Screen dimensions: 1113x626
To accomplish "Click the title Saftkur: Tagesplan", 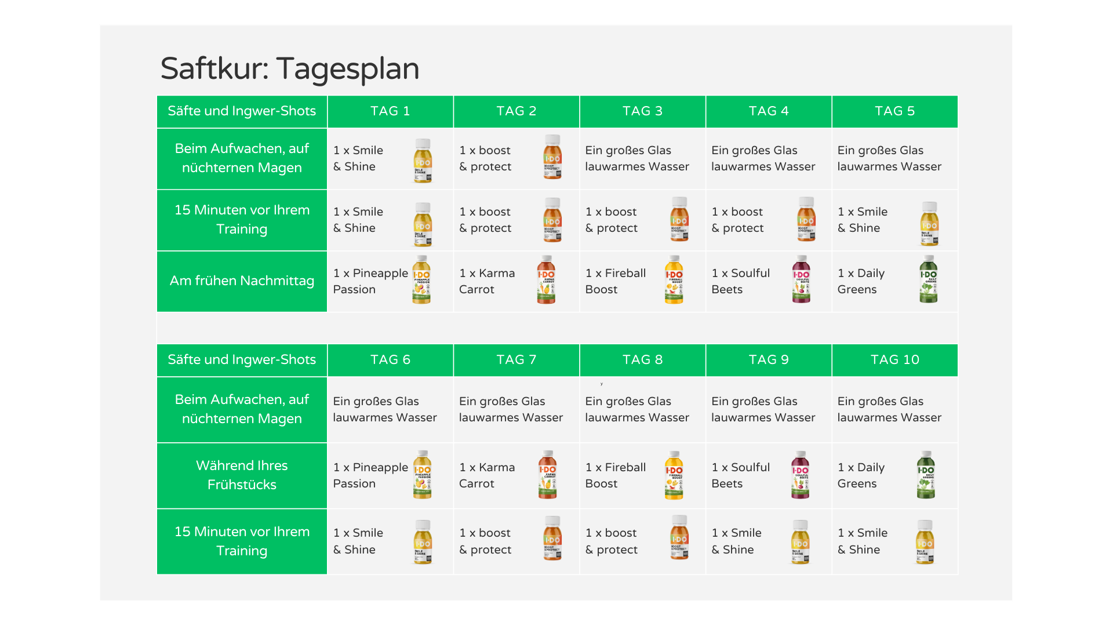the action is (x=290, y=68).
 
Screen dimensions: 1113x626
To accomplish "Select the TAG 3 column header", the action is (x=642, y=111).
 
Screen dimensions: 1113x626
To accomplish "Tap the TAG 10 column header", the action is (x=895, y=360).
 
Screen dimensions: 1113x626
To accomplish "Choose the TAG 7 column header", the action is (x=517, y=360).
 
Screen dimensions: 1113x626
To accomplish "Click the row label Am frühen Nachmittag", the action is (x=242, y=281).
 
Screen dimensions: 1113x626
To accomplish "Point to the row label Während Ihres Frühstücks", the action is (x=242, y=475).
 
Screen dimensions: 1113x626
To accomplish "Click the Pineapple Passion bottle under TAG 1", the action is (x=421, y=279).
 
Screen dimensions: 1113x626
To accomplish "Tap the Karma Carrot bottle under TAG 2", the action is (x=547, y=279).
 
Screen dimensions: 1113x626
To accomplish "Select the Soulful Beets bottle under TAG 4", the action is (x=801, y=279).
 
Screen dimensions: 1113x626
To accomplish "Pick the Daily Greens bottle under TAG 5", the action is (x=929, y=279).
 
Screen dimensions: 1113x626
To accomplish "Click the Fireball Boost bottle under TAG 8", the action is (x=674, y=475).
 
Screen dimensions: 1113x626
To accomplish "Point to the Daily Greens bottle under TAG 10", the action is (x=926, y=475).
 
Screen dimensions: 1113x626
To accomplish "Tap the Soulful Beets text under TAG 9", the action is (x=740, y=475).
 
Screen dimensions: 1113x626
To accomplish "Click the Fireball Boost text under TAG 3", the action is (x=615, y=281).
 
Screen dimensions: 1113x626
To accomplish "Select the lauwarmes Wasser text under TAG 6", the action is (x=385, y=418).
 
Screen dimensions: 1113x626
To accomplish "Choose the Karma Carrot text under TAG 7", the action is (x=487, y=475).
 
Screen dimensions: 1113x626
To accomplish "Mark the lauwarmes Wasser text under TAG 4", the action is (x=763, y=167).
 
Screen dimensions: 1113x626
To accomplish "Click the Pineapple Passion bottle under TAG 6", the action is (x=422, y=475).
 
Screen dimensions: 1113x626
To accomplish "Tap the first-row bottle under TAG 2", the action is (x=552, y=157).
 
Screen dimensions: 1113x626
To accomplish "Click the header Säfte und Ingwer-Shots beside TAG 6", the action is (x=242, y=360).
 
